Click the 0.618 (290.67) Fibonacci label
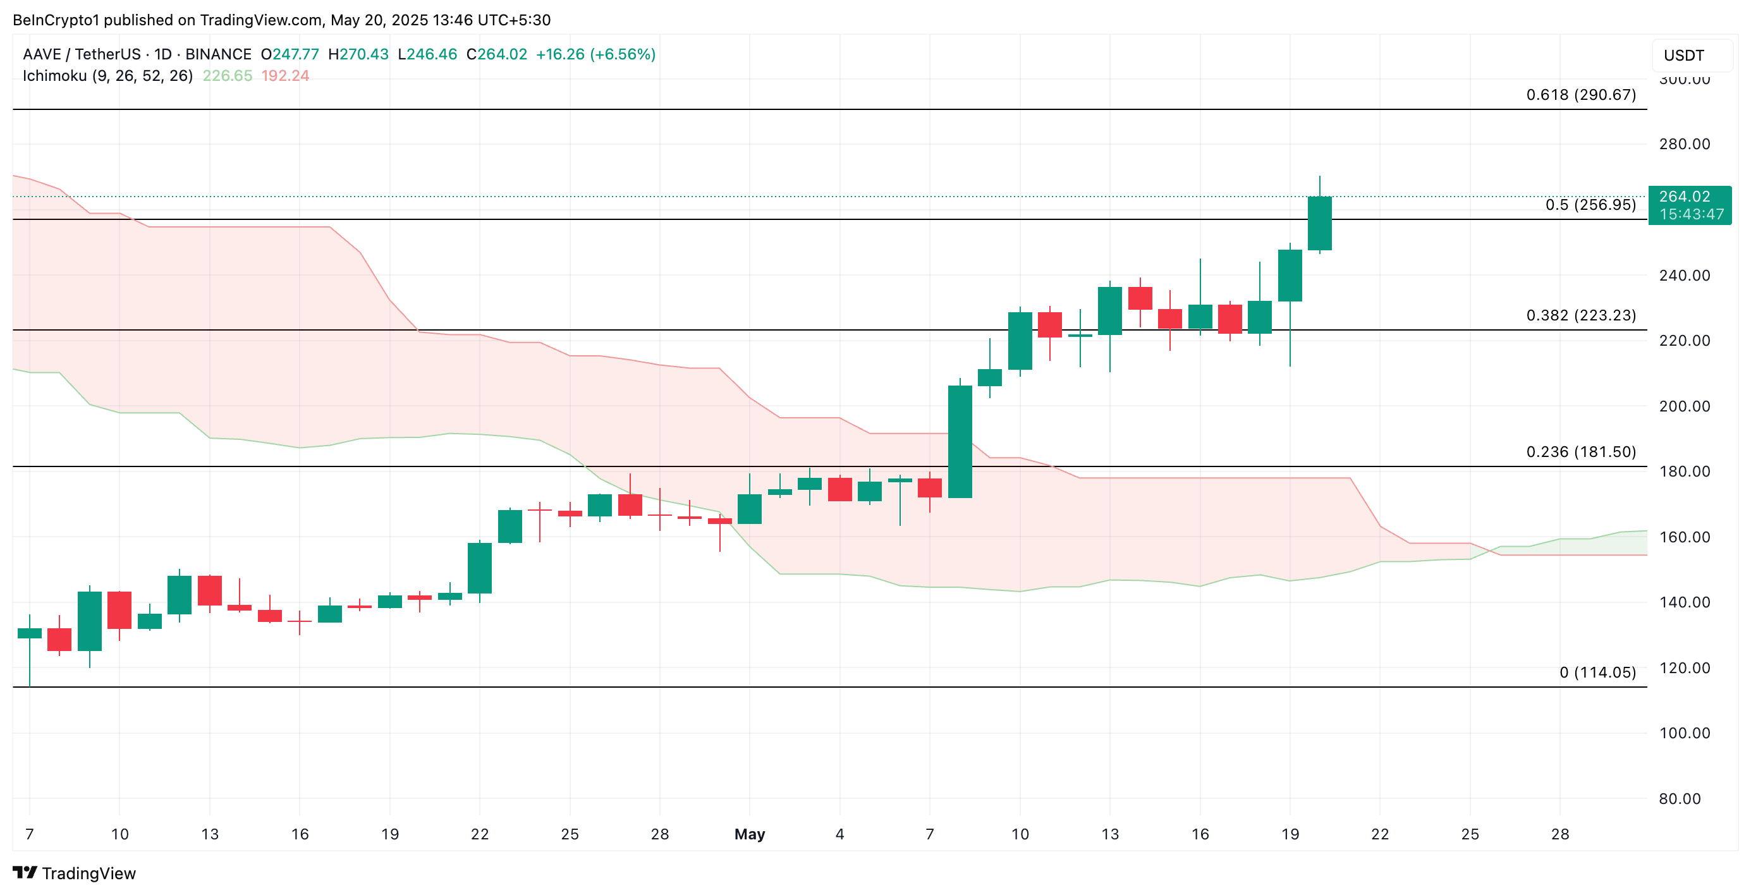point(1580,94)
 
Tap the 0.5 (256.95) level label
point(1590,205)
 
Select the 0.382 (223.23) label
point(1580,315)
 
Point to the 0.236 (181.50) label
point(1580,452)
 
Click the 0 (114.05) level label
point(1597,672)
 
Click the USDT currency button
point(1690,55)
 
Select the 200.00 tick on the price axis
point(1684,406)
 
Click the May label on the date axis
point(749,834)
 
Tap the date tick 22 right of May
point(1379,834)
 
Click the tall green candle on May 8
point(959,442)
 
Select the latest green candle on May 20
point(1319,223)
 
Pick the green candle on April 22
point(479,568)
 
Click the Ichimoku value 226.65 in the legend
point(227,75)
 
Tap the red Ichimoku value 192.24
point(285,75)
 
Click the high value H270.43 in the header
point(358,54)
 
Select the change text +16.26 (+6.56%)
point(595,54)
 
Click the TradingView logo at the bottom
point(75,873)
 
